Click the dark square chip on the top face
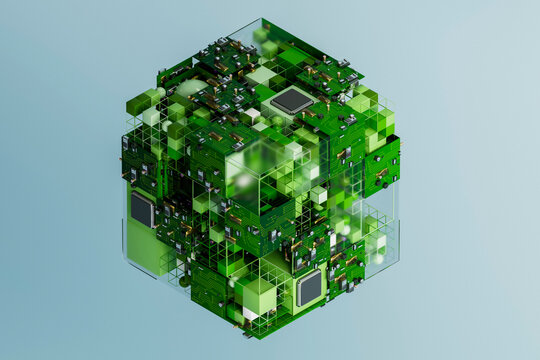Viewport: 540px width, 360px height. (x=291, y=100)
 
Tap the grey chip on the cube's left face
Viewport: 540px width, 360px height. (x=142, y=209)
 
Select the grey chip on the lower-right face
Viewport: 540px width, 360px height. (x=309, y=288)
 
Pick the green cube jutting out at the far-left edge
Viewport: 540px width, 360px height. (x=138, y=103)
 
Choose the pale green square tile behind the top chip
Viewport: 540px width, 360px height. (x=262, y=75)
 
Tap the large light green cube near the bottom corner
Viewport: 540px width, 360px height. (x=259, y=297)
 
